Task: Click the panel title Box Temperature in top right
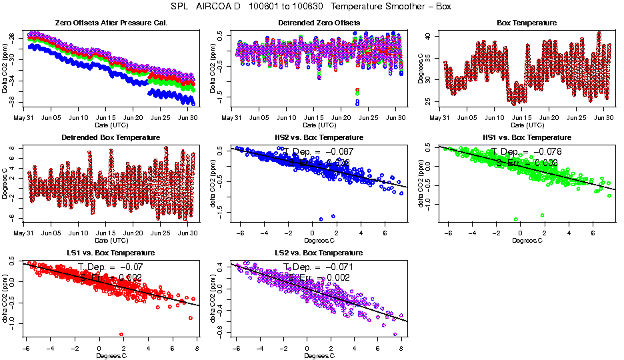(x=527, y=23)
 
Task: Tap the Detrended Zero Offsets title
(x=319, y=23)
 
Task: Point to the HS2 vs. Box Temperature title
(x=319, y=138)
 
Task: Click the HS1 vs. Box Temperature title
(x=527, y=138)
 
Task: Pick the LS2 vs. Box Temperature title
(x=319, y=253)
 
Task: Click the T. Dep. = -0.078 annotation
(x=526, y=152)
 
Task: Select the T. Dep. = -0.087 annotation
(x=317, y=152)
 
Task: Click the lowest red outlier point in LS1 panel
(x=121, y=334)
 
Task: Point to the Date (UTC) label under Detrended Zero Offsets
(x=319, y=125)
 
